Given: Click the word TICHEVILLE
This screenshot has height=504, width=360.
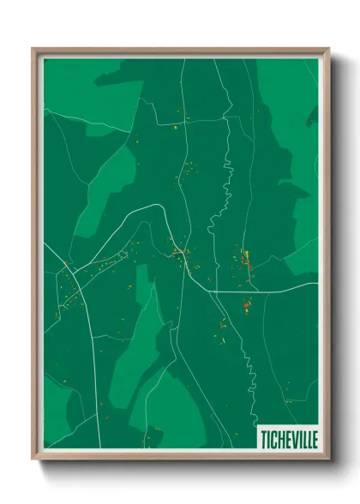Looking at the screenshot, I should coord(289,438).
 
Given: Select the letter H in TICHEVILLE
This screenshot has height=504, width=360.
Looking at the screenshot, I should coord(280,438).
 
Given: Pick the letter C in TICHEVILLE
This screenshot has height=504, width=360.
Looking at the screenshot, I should coord(273,438).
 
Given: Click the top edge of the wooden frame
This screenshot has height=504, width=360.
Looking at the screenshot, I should coord(180,51).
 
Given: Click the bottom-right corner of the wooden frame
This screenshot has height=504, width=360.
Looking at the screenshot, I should coord(325,455).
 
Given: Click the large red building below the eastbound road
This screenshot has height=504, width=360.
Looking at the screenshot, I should coord(246,303).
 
